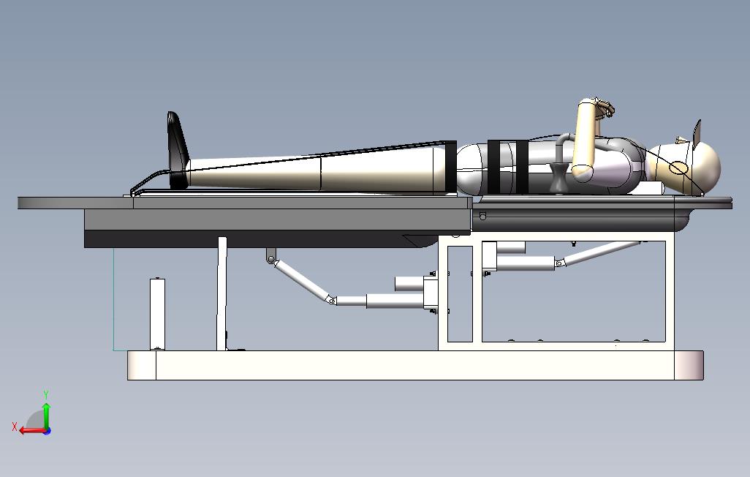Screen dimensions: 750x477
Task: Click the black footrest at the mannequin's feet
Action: tap(177, 150)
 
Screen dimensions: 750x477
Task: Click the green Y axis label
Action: tap(46, 395)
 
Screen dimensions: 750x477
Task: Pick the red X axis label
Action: tap(15, 426)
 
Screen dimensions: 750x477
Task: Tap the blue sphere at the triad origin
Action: tap(47, 431)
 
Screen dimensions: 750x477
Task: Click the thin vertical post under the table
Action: tap(221, 293)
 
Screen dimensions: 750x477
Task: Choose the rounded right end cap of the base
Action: tap(689, 365)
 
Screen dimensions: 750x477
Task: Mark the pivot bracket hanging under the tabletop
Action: tap(271, 255)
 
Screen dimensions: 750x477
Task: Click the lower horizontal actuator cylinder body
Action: tap(395, 299)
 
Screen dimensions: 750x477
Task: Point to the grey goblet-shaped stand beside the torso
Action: tap(559, 179)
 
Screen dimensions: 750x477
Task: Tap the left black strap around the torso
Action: tap(496, 166)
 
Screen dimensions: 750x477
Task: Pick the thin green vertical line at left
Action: tap(114, 300)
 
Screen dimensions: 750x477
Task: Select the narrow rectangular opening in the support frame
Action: tap(460, 293)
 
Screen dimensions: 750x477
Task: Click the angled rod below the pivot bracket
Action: tap(300, 279)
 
